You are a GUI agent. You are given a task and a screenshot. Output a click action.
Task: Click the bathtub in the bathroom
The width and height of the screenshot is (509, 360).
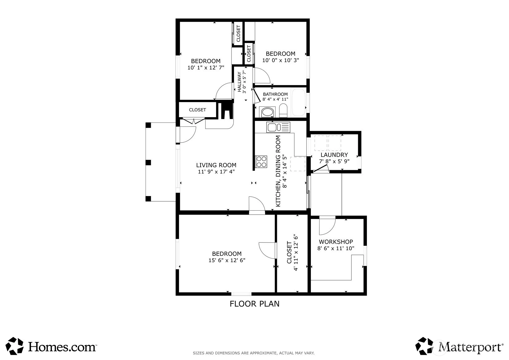pyautogui.click(x=299, y=102)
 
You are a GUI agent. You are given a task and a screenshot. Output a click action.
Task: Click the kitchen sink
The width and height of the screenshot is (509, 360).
pyautogui.click(x=278, y=127)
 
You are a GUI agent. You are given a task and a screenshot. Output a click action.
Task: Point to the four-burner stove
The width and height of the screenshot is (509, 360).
pyautogui.click(x=261, y=162)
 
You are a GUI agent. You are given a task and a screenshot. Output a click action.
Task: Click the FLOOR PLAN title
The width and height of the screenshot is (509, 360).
pyautogui.click(x=255, y=304)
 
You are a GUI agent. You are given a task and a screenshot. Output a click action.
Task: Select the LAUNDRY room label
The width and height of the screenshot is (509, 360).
pyautogui.click(x=334, y=155)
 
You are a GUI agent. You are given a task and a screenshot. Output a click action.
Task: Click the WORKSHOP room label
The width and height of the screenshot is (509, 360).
pyautogui.click(x=336, y=242)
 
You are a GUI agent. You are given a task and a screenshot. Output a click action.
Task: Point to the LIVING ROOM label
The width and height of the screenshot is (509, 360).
pyautogui.click(x=216, y=165)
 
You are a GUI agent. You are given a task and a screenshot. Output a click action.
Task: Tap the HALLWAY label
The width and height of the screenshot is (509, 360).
pyautogui.click(x=239, y=82)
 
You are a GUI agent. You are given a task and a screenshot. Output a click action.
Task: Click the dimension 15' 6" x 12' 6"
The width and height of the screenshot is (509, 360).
pyautogui.click(x=227, y=260)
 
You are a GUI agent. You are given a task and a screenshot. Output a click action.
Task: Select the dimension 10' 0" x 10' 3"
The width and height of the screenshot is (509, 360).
pyautogui.click(x=281, y=60)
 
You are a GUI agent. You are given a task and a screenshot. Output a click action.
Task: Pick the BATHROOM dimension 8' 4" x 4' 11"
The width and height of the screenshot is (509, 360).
pyautogui.click(x=275, y=99)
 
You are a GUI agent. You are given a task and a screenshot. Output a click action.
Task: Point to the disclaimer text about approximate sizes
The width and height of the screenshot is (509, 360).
pyautogui.click(x=254, y=353)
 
